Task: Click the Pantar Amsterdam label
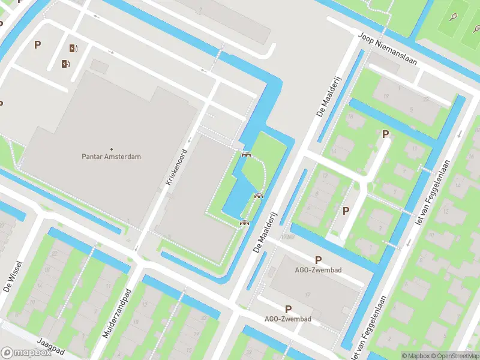coord(111,157)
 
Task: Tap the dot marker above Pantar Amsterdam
coord(111,149)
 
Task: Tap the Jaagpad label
coord(50,347)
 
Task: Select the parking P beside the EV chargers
coord(37,44)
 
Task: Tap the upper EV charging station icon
coord(74,49)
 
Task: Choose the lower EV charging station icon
coord(65,63)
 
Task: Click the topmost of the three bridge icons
coord(245,155)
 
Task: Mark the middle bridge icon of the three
coord(259,195)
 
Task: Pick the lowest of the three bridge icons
coord(244,223)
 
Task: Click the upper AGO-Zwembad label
coord(319,270)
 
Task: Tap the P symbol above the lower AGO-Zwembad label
coord(288,309)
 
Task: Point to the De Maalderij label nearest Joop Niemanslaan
coord(323,98)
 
